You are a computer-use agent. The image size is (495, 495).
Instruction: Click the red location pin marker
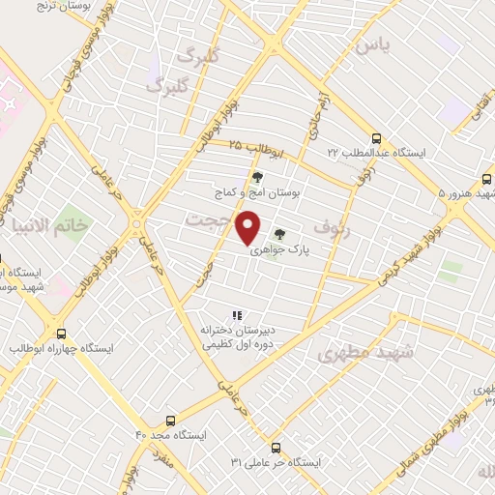pyautogui.click(x=248, y=227)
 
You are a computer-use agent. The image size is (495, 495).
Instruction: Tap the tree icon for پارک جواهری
pyautogui.click(x=279, y=233)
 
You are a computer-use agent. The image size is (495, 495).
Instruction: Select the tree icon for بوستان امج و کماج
pyautogui.click(x=256, y=177)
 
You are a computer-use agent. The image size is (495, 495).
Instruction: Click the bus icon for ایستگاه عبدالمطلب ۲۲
pyautogui.click(x=376, y=137)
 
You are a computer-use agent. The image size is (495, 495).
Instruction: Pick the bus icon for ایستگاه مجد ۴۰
pyautogui.click(x=170, y=422)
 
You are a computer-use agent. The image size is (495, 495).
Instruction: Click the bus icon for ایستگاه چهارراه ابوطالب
pyautogui.click(x=61, y=332)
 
